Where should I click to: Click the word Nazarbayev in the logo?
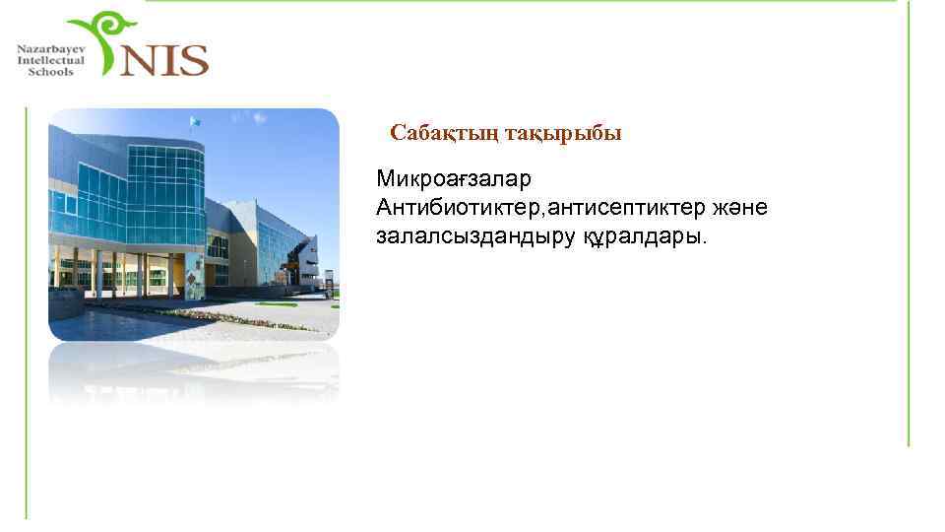coord(50,48)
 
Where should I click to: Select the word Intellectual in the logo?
coord(50,60)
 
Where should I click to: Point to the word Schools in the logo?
coord(50,72)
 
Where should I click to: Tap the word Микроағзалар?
coord(452,180)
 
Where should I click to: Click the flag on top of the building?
coord(195,123)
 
